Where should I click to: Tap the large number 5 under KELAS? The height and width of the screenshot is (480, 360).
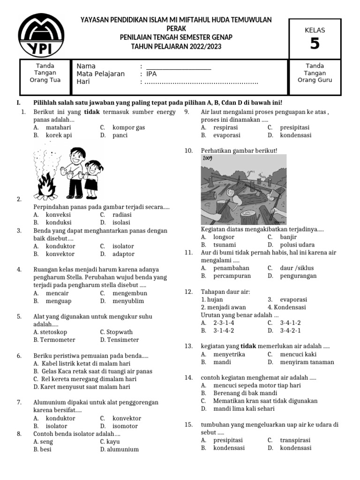[x=315, y=44]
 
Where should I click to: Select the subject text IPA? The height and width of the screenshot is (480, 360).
[x=152, y=74]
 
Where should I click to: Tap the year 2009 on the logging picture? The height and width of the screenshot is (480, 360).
[x=208, y=158]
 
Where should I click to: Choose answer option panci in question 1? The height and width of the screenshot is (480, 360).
[x=120, y=135]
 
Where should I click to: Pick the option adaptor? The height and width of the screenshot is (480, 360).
[x=123, y=254]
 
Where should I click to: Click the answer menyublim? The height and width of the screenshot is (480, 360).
[x=128, y=301]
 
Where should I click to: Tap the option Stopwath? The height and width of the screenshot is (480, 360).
[x=120, y=332]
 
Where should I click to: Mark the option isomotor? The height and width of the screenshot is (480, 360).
[x=125, y=426]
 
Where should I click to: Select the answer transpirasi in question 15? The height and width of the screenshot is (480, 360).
[x=295, y=440]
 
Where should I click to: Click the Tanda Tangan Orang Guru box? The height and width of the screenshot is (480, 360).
[x=315, y=73]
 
